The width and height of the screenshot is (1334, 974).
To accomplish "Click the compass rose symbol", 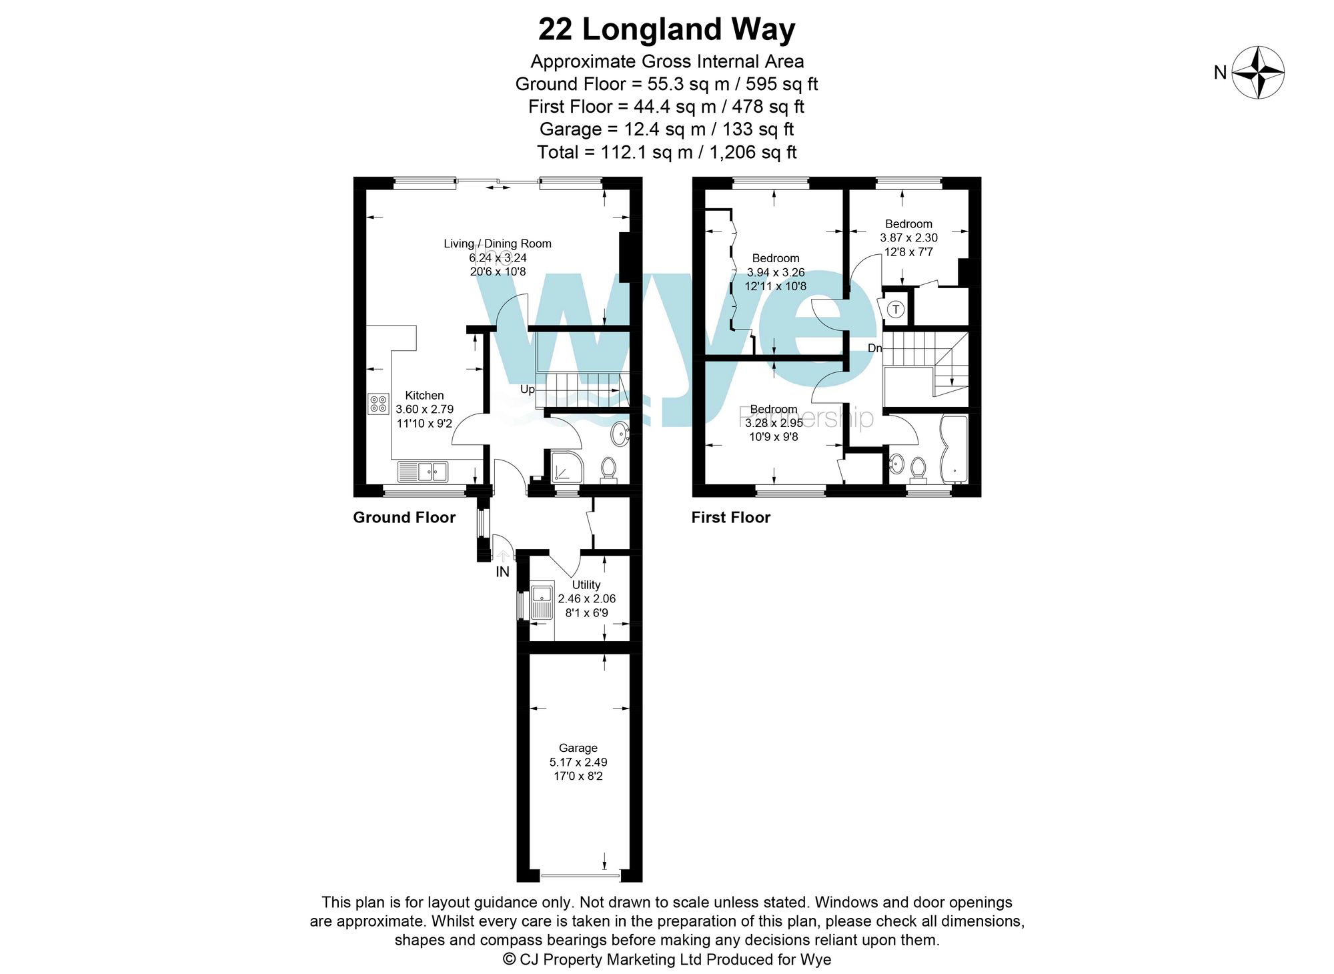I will [x=1257, y=72].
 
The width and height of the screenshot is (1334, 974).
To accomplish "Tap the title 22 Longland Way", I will [x=666, y=29].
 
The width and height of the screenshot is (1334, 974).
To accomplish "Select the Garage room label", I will [x=578, y=748].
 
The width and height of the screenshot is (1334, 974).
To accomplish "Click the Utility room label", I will [x=586, y=584].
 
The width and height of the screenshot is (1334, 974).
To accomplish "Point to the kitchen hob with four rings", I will [x=378, y=404].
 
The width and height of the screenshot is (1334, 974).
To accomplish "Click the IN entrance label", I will [x=502, y=572].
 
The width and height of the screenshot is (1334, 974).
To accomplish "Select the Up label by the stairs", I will [x=527, y=389].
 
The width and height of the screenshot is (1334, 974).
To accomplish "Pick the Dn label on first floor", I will [x=874, y=348].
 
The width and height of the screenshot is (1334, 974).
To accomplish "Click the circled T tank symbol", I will [x=896, y=310].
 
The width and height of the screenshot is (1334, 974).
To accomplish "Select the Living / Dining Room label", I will [x=498, y=243].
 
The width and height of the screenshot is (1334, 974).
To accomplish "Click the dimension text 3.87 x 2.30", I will [x=908, y=237].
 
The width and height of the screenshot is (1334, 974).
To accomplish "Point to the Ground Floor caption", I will [x=404, y=517].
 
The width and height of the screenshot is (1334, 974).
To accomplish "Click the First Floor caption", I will [x=730, y=517].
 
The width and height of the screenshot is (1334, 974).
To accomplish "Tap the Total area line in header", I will [x=666, y=152].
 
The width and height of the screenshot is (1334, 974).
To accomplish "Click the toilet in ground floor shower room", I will [x=608, y=468].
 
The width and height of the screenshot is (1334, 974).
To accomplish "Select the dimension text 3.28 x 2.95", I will [x=774, y=423].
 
